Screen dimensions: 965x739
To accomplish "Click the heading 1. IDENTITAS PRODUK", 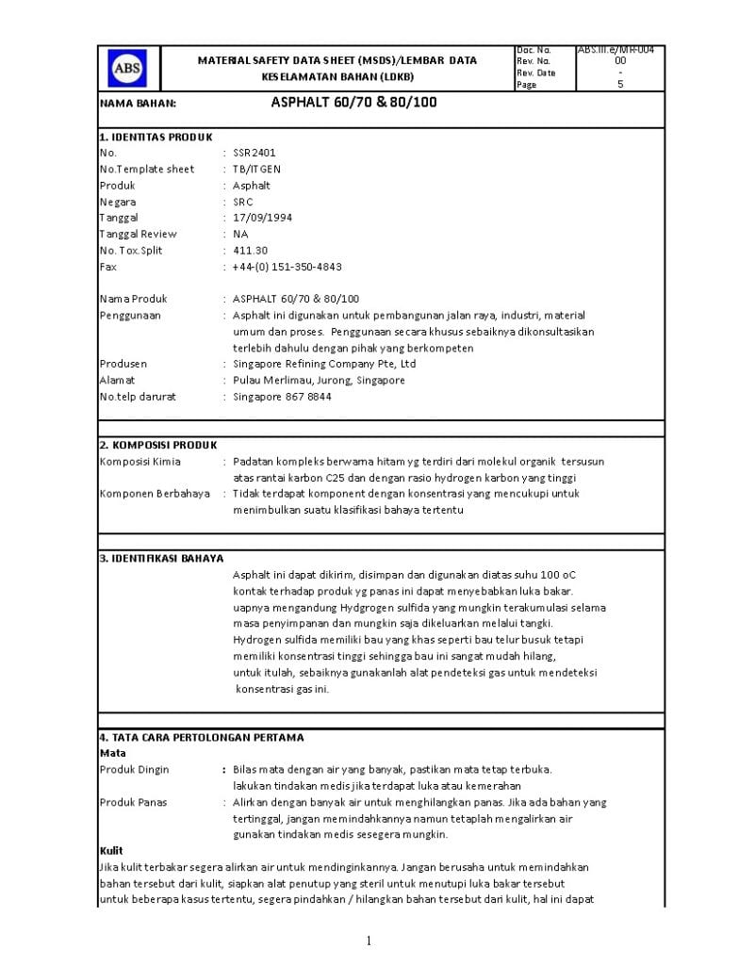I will click(156, 137).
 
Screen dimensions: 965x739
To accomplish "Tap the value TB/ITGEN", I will click(256, 169).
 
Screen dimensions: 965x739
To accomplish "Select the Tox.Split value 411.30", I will click(251, 250).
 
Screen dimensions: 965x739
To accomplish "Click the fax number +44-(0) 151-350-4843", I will click(287, 267).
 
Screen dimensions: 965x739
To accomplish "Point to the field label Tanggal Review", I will click(138, 234).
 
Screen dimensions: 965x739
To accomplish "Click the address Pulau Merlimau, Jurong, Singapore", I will click(319, 380).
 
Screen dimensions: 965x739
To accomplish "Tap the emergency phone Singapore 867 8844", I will click(282, 397).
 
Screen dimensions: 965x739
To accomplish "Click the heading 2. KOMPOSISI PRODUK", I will click(158, 445).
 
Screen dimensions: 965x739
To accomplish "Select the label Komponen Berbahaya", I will click(155, 494).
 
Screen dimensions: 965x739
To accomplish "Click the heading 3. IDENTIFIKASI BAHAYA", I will click(161, 558).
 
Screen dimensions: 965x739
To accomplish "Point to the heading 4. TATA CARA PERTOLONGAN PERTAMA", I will click(202, 737).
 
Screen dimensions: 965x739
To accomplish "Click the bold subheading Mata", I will click(112, 753).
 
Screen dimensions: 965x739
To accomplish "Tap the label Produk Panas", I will click(134, 802).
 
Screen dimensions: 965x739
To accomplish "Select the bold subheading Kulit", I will click(111, 850).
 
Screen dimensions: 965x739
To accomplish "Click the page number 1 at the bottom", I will click(369, 940).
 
